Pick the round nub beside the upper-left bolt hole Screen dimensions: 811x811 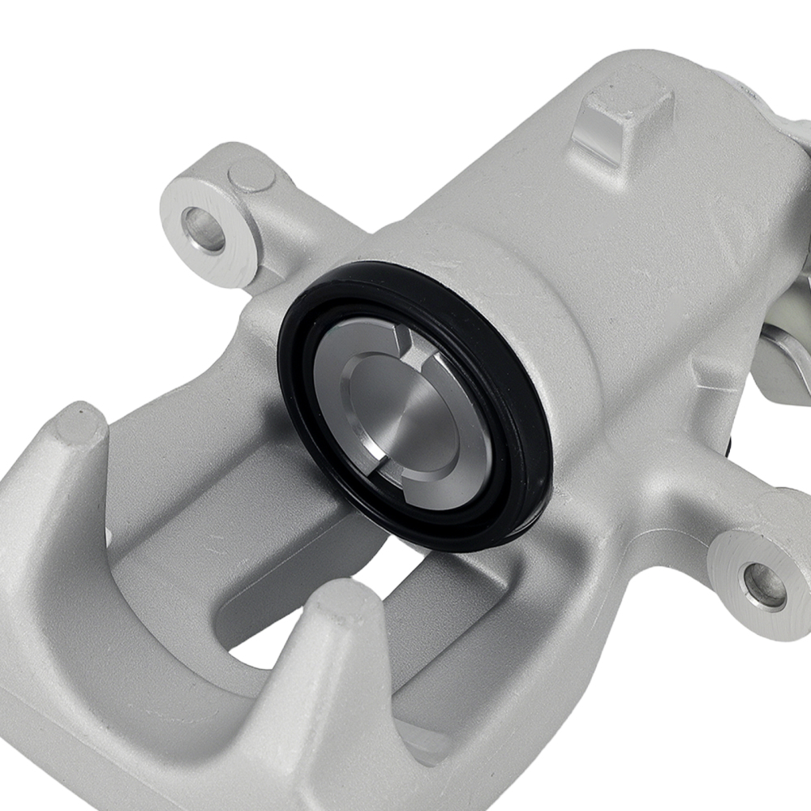click(251, 175)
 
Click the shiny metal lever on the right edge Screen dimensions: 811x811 click(783, 357)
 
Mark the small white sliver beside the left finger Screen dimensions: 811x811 click(108, 535)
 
